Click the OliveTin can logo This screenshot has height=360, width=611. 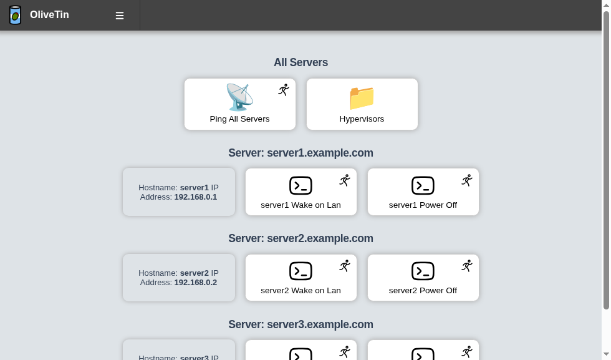(x=15, y=15)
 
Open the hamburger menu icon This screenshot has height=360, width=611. (x=120, y=16)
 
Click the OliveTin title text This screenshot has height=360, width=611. (x=49, y=15)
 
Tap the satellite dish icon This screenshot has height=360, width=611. (x=239, y=97)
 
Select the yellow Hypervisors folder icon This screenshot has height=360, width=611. (x=362, y=98)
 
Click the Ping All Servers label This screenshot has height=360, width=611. (x=239, y=119)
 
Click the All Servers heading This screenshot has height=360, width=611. (x=301, y=62)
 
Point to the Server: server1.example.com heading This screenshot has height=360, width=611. (x=301, y=153)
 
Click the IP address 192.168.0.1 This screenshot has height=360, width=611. (x=196, y=197)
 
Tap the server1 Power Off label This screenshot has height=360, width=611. (x=423, y=205)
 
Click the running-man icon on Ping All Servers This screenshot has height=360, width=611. (x=284, y=90)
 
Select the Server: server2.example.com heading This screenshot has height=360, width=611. (x=301, y=238)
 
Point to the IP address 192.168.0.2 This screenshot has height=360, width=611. (x=196, y=283)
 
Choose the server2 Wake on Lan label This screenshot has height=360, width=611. (x=301, y=291)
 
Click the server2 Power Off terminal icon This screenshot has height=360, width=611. (x=423, y=271)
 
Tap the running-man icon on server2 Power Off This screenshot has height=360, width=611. (x=467, y=266)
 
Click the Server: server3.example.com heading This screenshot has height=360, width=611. (x=301, y=324)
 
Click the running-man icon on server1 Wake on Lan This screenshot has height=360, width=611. (x=345, y=180)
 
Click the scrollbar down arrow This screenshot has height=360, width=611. (x=606, y=354)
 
